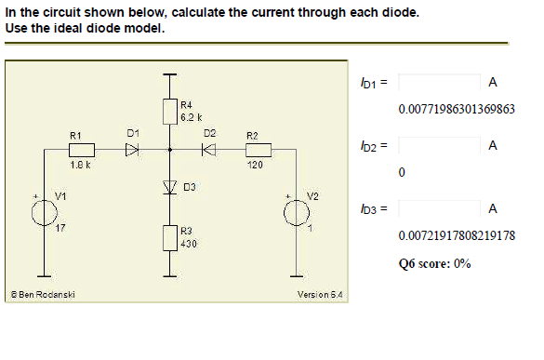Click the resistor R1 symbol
point(83,150)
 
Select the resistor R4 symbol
point(169,111)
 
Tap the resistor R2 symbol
point(258,150)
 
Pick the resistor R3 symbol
point(169,237)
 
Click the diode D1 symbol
point(132,150)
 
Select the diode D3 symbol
point(169,187)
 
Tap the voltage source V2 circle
point(298,213)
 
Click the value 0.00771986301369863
point(456,109)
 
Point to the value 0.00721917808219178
point(456,236)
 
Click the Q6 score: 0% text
point(434,263)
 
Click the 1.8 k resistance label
point(80,165)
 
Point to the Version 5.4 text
point(320,295)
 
